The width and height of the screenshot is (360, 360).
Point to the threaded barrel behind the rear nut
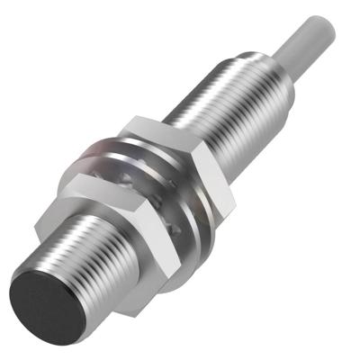229,99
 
